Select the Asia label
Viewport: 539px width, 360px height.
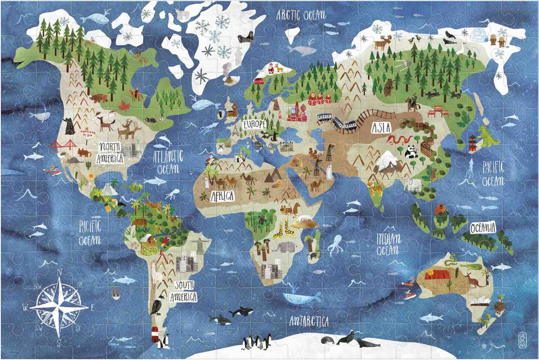tap(382, 128)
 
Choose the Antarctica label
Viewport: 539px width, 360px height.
tap(309, 321)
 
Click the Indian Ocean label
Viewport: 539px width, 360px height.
tap(388, 244)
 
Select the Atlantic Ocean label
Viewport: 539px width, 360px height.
tap(168, 161)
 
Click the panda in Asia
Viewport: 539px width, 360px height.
tap(411, 152)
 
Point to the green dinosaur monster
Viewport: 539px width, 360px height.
tap(488, 137)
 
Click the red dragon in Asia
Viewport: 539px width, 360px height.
tap(398, 139)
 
